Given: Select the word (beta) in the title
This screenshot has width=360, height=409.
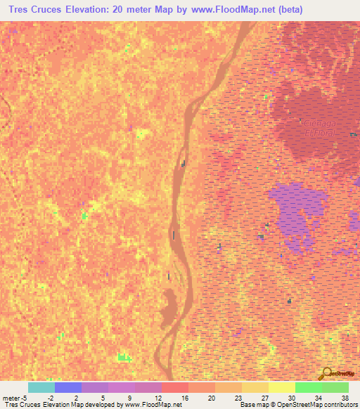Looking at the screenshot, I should (x=331, y=10).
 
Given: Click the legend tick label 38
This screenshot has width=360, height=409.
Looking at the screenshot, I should (x=345, y=397).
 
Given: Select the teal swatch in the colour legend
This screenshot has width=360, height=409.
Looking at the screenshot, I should (x=41, y=387).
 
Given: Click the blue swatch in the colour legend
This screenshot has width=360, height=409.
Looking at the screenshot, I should (x=67, y=387).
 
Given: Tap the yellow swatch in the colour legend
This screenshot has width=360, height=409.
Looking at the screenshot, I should (x=281, y=387).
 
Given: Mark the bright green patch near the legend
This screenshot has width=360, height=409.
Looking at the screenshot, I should (x=124, y=358).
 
